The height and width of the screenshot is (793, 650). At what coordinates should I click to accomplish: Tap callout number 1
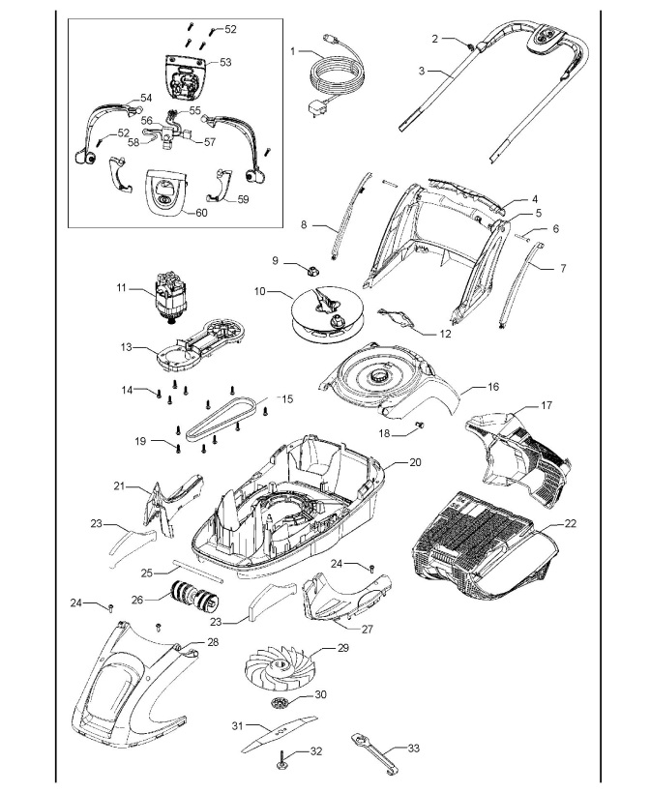(x=292, y=48)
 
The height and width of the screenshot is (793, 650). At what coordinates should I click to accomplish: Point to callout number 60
(x=201, y=213)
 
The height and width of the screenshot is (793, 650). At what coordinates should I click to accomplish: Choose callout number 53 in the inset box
(x=225, y=61)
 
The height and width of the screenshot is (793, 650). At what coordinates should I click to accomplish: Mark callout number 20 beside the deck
(x=415, y=463)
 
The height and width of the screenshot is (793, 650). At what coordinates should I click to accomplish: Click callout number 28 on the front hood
(x=213, y=642)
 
